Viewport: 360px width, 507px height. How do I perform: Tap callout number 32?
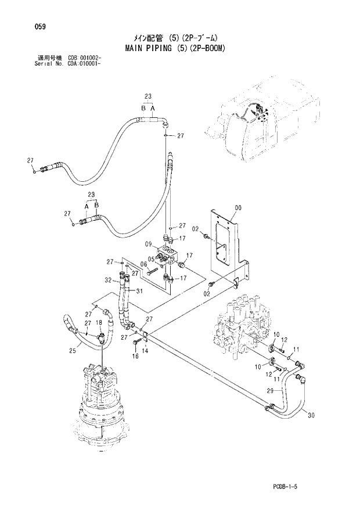click(108, 280)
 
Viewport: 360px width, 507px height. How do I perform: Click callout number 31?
click(139, 292)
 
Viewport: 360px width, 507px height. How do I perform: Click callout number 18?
click(99, 323)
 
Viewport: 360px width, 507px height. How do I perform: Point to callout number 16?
click(135, 357)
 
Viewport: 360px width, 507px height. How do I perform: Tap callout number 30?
click(311, 416)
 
